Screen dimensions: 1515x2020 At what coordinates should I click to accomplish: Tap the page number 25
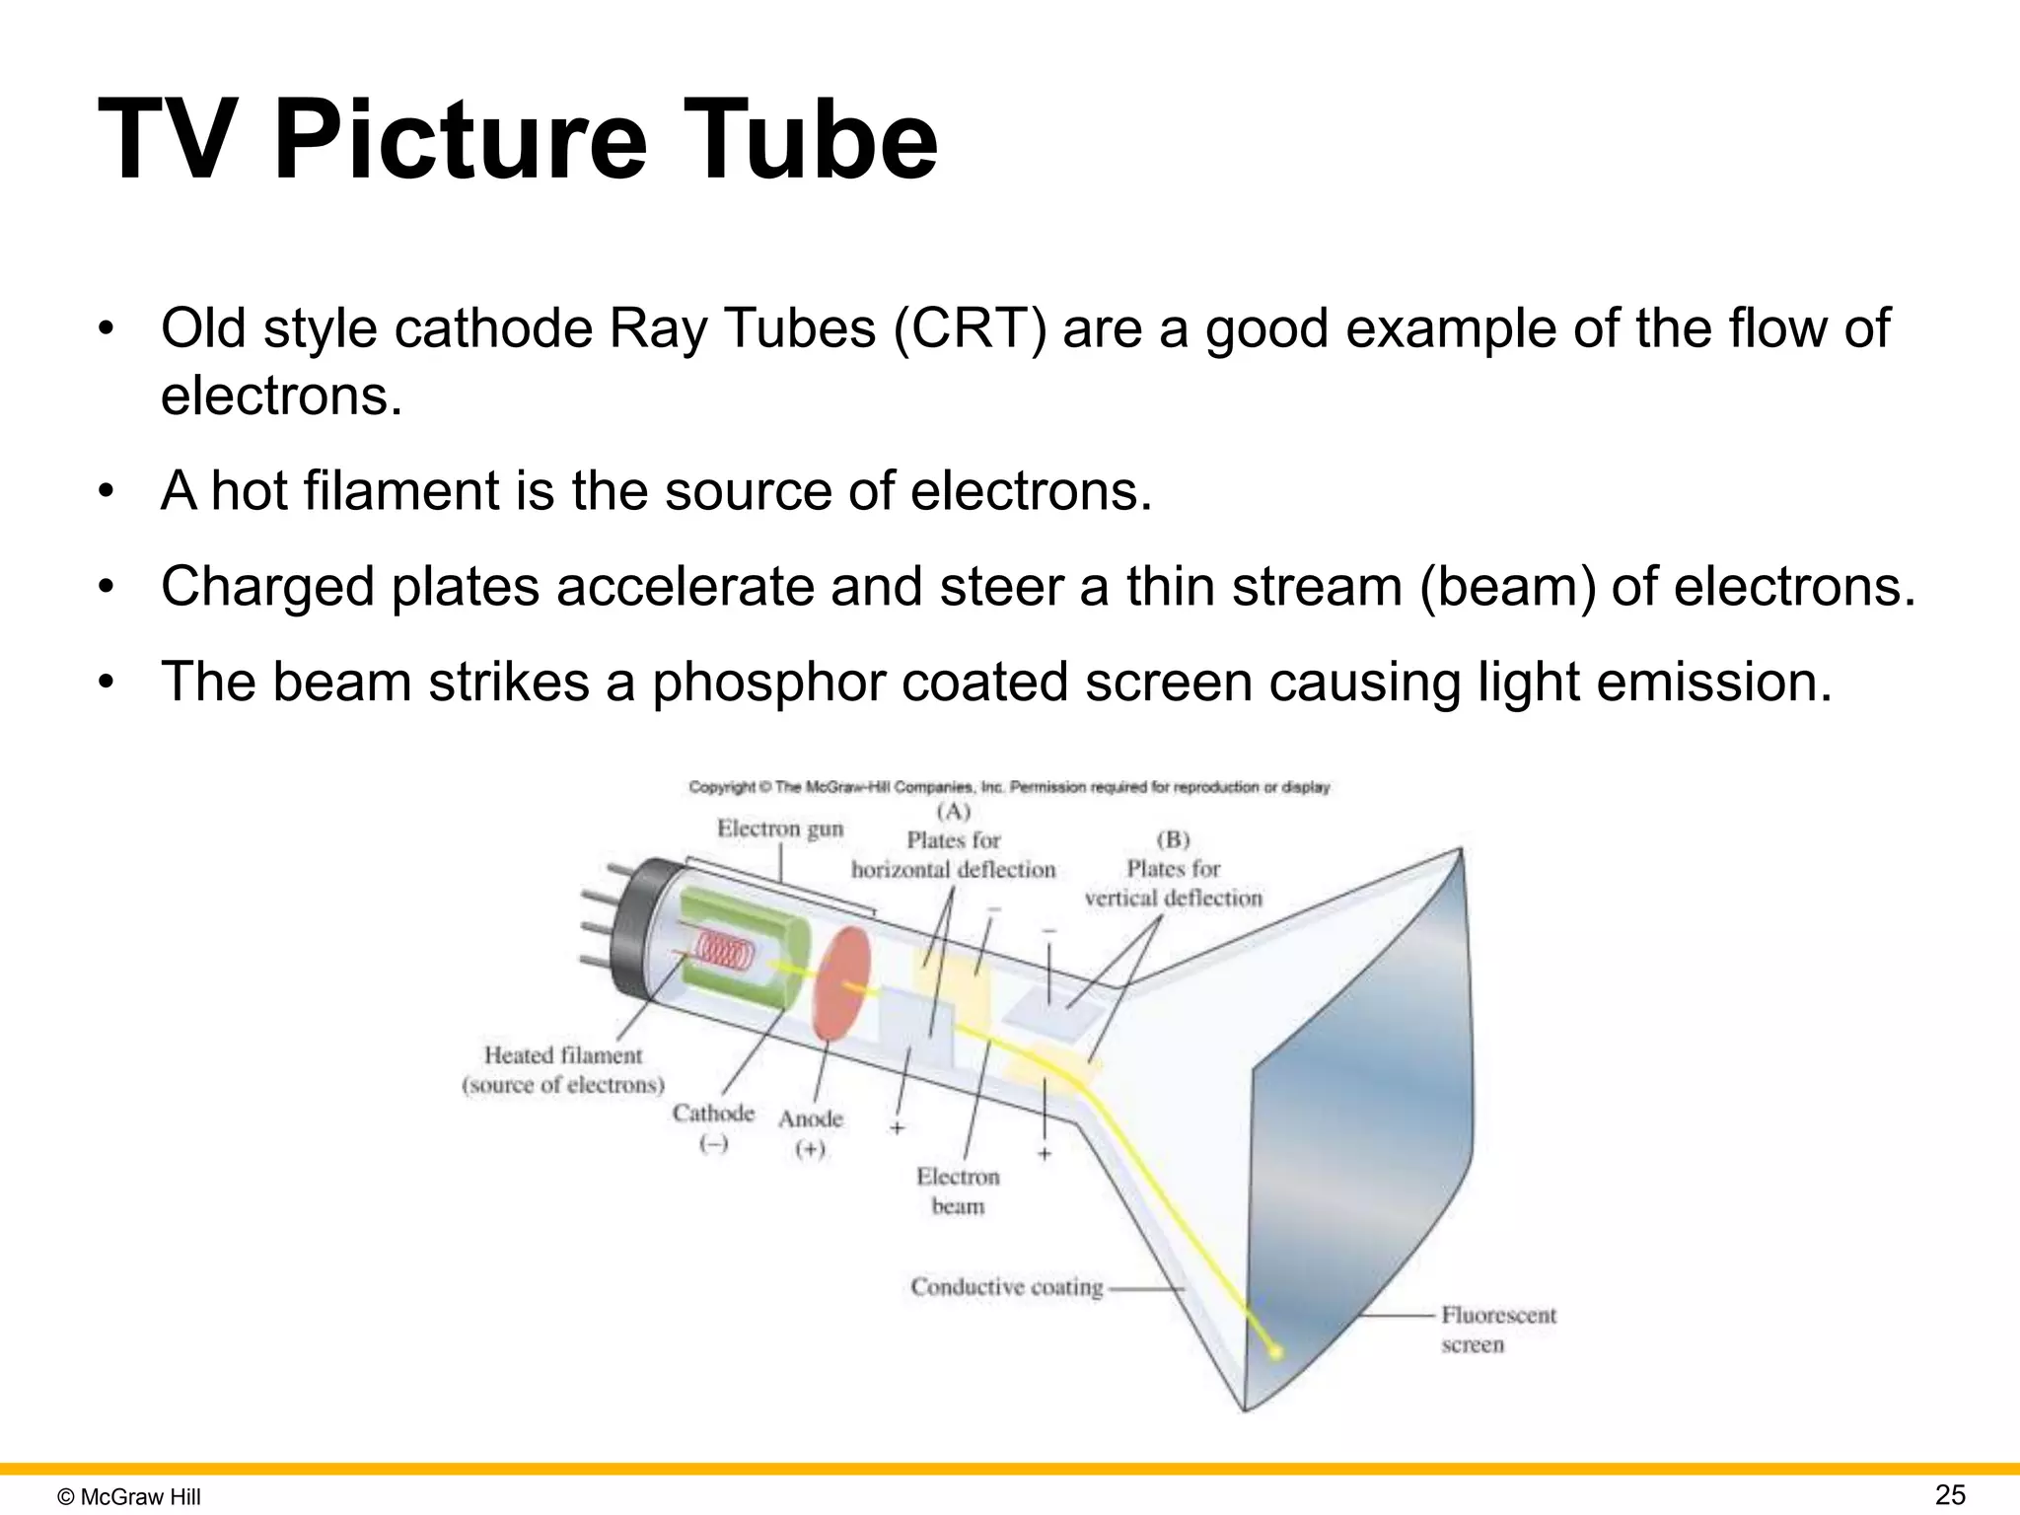point(1950,1495)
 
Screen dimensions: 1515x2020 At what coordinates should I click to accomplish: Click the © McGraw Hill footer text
point(129,1497)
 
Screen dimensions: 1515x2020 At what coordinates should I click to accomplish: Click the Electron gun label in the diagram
point(780,829)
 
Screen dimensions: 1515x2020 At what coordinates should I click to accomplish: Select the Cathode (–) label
point(713,1127)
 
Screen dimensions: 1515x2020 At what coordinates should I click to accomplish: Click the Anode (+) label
point(811,1132)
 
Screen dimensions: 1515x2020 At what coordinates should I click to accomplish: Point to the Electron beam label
point(958,1190)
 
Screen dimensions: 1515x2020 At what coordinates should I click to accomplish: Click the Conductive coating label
point(1006,1287)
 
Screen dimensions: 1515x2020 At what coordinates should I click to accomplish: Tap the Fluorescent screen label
point(1497,1329)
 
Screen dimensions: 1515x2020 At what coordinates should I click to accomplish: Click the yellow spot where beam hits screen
point(1275,1352)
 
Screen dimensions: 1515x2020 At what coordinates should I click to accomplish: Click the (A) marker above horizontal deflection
point(953,812)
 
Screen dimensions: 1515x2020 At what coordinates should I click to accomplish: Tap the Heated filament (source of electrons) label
point(563,1069)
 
